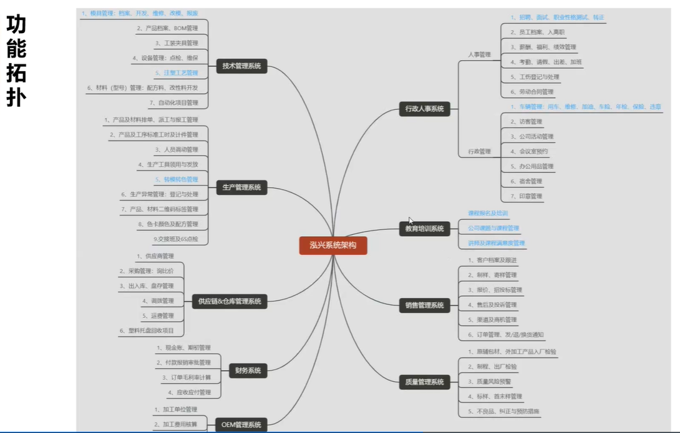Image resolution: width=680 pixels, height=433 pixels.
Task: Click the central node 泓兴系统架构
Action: tap(333, 245)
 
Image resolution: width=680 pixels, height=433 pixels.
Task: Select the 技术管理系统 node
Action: tap(242, 66)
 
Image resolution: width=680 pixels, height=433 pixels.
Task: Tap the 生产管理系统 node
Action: tap(242, 187)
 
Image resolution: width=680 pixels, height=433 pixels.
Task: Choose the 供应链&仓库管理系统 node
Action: tap(229, 301)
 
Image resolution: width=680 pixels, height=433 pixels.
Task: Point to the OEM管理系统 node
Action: tap(242, 425)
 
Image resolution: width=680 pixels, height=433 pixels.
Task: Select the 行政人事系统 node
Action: tap(424, 109)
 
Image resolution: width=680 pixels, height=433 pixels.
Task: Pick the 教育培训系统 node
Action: tap(424, 229)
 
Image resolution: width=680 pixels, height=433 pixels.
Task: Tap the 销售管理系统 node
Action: tap(424, 306)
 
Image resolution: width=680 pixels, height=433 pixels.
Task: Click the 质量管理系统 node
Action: tap(424, 382)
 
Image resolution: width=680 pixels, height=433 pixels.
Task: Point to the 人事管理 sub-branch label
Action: tap(479, 55)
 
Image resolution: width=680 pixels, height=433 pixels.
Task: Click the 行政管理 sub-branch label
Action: tap(479, 151)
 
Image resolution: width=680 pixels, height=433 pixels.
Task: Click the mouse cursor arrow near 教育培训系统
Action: tap(410, 220)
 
